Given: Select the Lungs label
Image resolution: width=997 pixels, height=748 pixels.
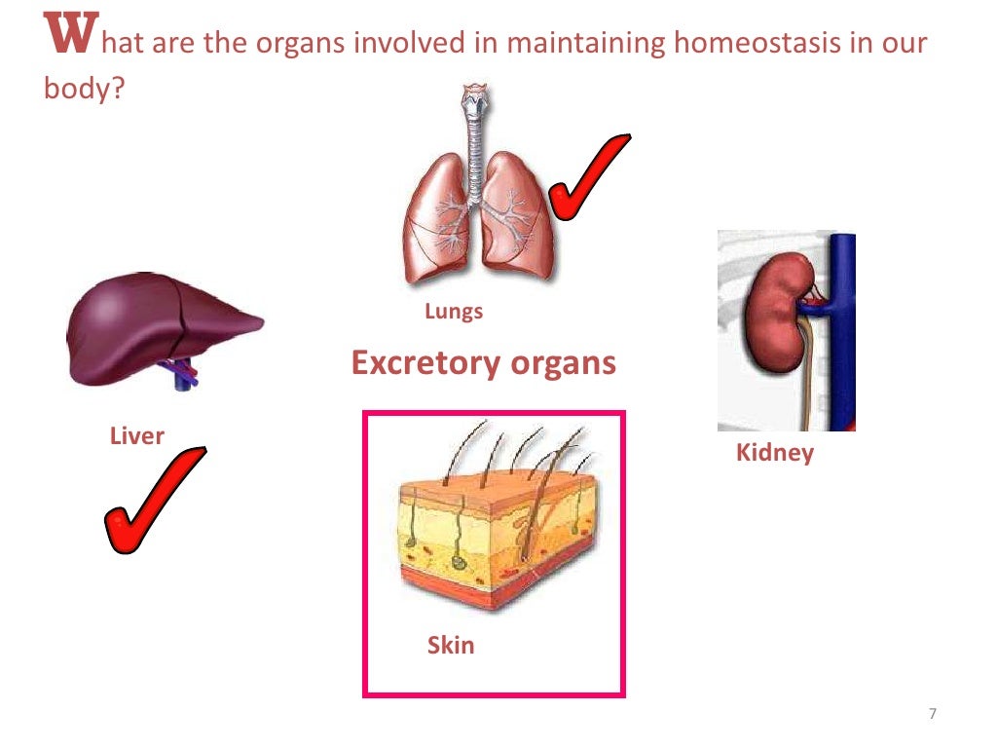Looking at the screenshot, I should (454, 313).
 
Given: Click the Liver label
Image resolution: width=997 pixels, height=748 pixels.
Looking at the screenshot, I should (137, 436).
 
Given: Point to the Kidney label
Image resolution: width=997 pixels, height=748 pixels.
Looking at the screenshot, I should (775, 453).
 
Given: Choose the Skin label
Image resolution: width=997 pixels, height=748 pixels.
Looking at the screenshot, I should (451, 645).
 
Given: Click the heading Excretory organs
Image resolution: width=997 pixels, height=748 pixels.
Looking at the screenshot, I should (483, 363).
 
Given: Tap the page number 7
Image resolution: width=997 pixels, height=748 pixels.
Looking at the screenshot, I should (932, 715).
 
